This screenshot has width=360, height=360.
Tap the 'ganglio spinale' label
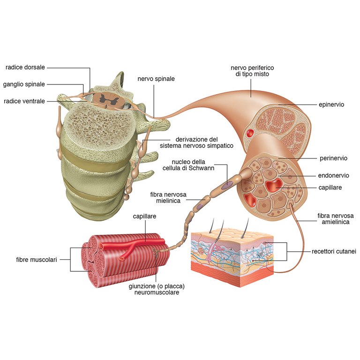point(24,84)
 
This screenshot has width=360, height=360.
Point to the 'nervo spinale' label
point(156,79)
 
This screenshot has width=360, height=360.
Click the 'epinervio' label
point(331,105)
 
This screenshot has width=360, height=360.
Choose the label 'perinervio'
point(333,158)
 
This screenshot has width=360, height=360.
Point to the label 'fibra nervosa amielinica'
point(333,219)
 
